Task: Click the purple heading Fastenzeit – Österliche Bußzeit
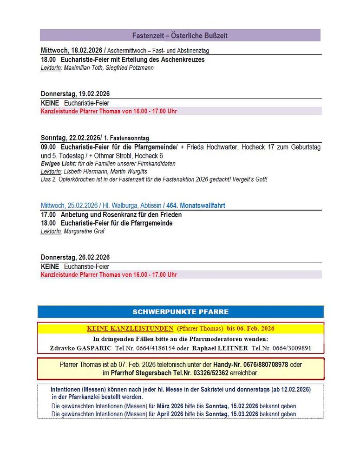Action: [180, 35]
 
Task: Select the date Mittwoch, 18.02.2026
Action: [71, 50]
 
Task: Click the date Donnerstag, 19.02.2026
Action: [75, 94]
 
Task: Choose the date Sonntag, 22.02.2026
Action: [70, 138]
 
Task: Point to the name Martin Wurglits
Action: [114, 172]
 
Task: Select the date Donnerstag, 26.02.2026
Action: [75, 257]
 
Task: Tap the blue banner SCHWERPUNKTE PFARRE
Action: [180, 312]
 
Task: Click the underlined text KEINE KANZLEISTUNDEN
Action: [130, 328]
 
